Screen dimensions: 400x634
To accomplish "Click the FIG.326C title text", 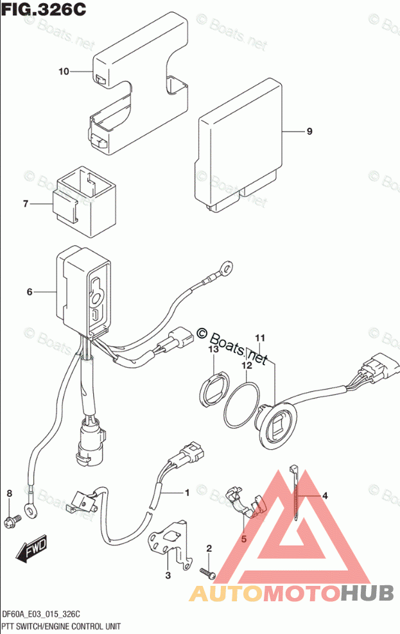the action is [44, 10].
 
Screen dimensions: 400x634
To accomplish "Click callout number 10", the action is [64, 71].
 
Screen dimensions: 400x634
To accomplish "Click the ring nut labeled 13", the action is [213, 388].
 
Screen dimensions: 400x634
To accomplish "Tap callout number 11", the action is [259, 338].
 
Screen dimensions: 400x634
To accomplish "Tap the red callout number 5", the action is [243, 539].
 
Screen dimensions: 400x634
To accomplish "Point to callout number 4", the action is [325, 495].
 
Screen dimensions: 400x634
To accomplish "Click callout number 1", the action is [187, 493].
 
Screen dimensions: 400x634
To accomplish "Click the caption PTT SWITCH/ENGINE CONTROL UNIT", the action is [61, 626].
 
